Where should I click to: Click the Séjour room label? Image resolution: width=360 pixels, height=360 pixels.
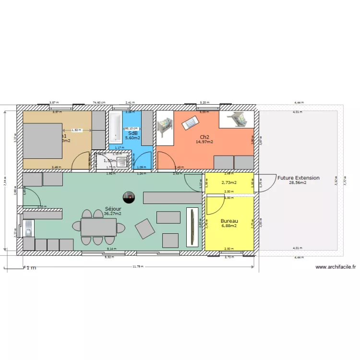(113, 209)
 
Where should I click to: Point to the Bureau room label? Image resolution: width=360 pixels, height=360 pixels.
(229, 221)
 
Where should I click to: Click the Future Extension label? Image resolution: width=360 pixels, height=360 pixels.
(298, 178)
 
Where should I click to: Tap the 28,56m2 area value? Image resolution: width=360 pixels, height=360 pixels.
(298, 183)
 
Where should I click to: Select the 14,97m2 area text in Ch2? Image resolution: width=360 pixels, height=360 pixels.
(204, 142)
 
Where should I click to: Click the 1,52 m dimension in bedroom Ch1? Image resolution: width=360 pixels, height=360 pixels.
(76, 130)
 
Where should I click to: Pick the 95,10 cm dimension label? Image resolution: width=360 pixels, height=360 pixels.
(131, 129)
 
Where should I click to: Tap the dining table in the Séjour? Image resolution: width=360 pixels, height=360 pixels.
(98, 227)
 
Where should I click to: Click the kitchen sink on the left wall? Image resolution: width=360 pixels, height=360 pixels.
(28, 227)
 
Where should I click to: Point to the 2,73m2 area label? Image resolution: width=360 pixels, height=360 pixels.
(229, 183)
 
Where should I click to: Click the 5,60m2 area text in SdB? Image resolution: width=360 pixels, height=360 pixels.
(132, 138)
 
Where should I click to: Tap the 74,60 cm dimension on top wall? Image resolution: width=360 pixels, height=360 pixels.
(99, 103)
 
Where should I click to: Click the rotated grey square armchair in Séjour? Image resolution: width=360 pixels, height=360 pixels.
(145, 228)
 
